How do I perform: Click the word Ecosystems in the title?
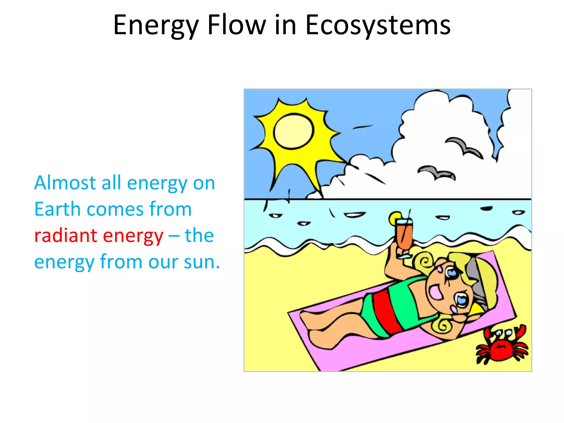378,25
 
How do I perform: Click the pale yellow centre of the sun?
294,131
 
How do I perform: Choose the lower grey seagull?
436,172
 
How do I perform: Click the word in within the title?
285,25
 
